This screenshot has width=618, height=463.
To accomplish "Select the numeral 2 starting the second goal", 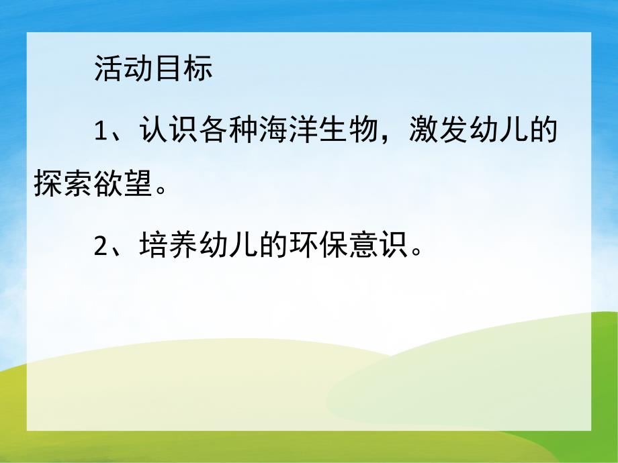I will (x=101, y=248).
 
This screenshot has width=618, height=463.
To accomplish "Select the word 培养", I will (x=168, y=246).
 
